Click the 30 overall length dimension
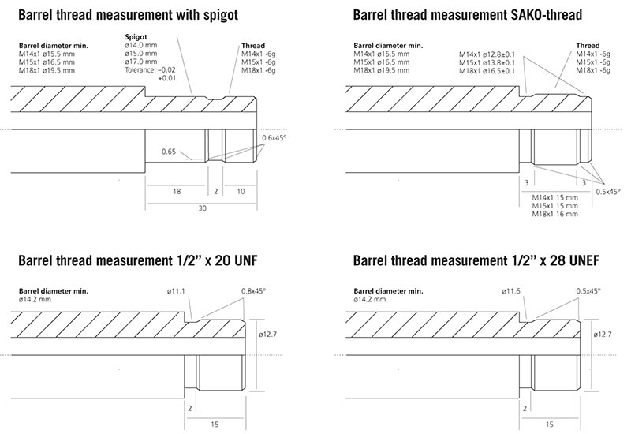point(202,208)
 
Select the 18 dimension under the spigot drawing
point(177,191)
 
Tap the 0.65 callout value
point(169,152)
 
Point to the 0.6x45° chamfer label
point(274,137)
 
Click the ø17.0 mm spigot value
point(141,62)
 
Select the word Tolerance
point(140,70)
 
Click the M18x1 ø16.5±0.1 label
point(487,71)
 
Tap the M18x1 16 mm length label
point(555,214)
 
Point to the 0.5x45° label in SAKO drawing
point(608,192)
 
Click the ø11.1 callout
point(176,290)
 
